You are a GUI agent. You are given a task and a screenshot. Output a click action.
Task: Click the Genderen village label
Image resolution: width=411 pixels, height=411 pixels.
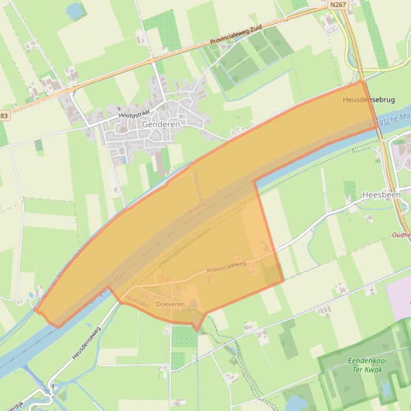pos(161,124)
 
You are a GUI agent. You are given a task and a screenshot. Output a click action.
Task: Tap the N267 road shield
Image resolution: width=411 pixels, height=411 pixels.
pos(337,4)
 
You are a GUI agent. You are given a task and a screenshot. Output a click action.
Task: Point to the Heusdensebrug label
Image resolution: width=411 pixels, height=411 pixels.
pos(369,100)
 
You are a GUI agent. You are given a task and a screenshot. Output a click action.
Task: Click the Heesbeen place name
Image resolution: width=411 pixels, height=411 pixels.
pos(381,195)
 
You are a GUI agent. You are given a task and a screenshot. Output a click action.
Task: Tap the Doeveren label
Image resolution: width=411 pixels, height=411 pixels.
pos(170,304)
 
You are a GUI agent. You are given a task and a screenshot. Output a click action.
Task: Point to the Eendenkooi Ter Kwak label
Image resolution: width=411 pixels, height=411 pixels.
pos(367,365)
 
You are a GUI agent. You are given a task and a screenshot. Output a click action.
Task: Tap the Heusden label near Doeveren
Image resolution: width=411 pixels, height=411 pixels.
pos(137,301)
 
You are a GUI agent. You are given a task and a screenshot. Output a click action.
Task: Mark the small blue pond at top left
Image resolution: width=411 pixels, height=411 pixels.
pos(75,10)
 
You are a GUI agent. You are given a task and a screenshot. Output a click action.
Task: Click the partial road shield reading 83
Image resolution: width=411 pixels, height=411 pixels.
pos(4,116)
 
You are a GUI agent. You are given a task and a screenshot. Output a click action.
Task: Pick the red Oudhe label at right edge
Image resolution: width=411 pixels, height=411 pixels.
pos(401,235)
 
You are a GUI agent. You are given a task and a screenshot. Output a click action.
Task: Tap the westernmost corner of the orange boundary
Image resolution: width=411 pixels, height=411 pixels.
pos(35,309)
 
